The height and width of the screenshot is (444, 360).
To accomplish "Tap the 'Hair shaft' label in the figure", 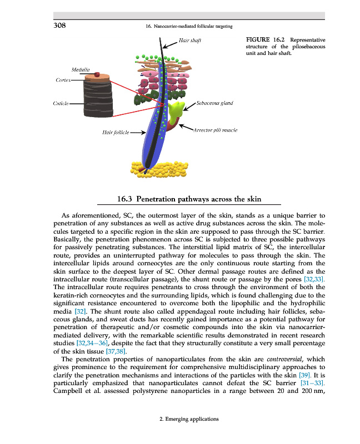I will click(190, 40).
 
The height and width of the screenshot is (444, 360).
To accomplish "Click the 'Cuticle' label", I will click(62, 103).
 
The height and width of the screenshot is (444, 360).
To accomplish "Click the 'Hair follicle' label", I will click(116, 133).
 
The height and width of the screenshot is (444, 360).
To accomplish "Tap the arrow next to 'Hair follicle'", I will click(138, 133).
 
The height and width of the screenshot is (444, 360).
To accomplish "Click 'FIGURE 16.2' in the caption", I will click(265, 40).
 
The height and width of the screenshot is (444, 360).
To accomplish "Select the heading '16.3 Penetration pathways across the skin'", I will click(189, 198).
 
